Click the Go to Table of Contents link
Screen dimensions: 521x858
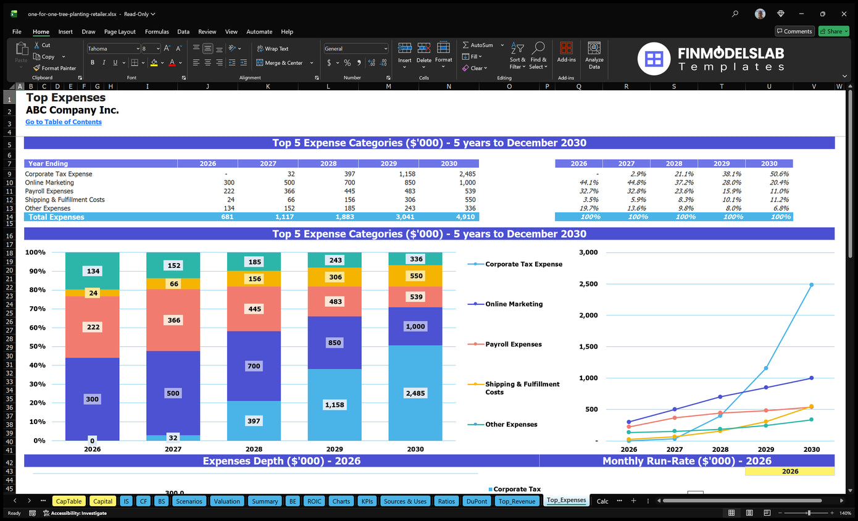coord(64,122)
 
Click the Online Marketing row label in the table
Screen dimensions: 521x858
coord(49,183)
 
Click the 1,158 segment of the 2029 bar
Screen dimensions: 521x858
coord(334,404)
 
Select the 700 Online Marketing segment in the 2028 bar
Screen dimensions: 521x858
coord(254,366)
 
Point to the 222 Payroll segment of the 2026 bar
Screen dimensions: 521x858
coord(93,327)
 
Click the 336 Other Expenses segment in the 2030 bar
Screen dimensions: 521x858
coord(415,259)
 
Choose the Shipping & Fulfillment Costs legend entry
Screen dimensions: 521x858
coord(522,388)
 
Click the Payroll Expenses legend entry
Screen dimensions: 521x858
coord(513,344)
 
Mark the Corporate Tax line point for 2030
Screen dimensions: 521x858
coord(811,285)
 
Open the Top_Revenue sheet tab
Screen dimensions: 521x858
coord(517,501)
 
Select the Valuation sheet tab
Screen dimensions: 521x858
coord(227,501)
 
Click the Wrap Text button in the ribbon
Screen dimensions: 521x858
coord(272,49)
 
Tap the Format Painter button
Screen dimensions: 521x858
coord(55,68)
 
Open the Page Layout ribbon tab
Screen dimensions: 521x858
coord(120,31)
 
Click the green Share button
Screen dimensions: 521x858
coord(833,31)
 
